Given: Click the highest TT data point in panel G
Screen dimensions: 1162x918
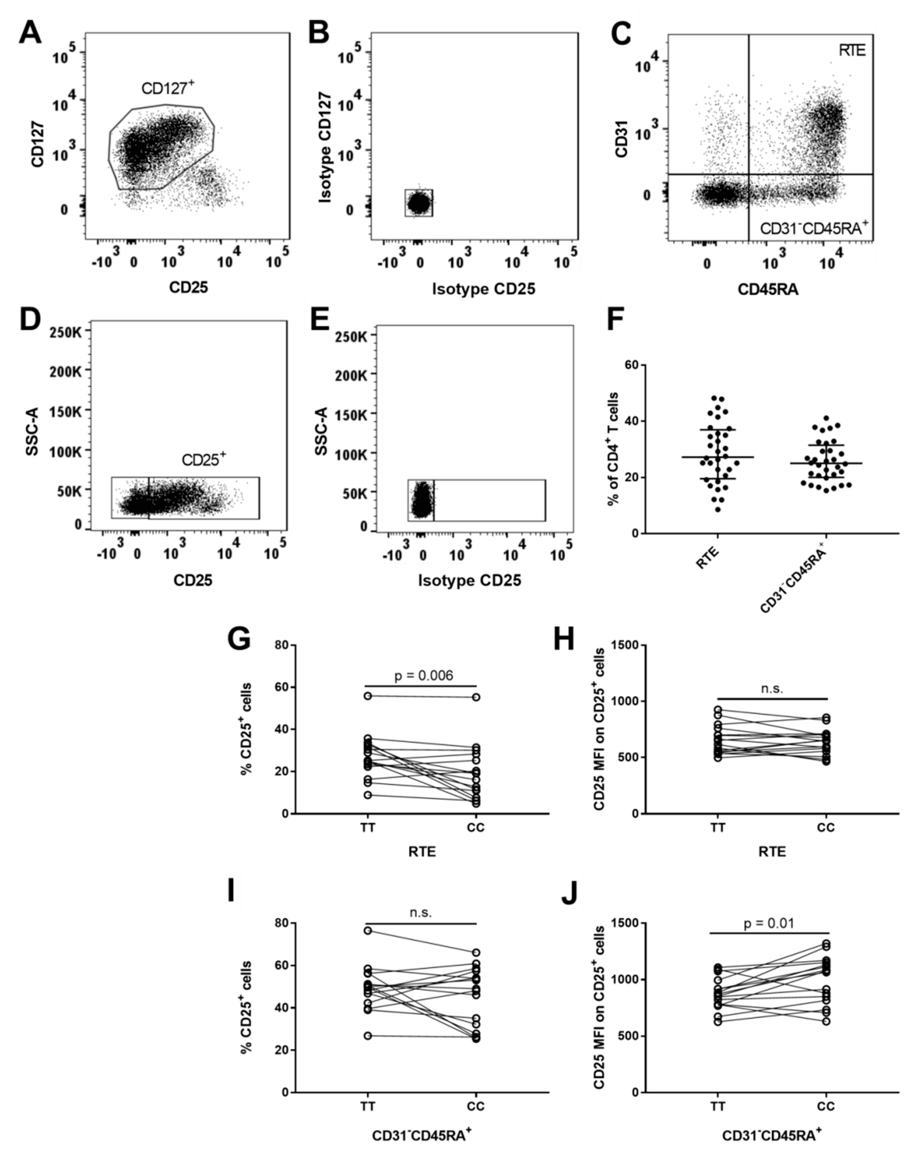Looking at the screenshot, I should click(367, 696).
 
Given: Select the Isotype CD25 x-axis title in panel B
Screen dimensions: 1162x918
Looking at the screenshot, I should click(484, 289).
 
